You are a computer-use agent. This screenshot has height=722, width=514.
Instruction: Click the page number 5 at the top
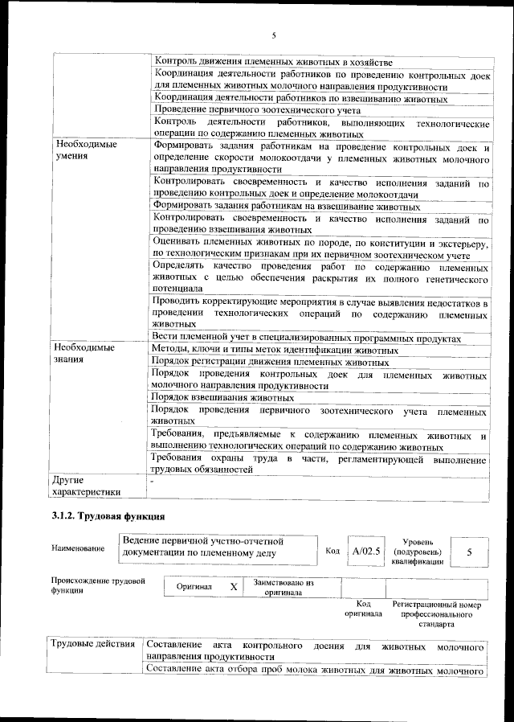pos(274,35)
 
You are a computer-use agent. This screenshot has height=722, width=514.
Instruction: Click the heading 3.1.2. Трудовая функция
pos(108,515)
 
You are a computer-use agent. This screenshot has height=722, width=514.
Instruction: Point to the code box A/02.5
pos(365,552)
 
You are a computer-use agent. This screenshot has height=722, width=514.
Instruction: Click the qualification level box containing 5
pos(469,552)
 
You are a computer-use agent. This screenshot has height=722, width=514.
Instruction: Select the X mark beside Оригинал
pos(234,588)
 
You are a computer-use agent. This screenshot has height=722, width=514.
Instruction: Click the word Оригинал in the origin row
pos(194,588)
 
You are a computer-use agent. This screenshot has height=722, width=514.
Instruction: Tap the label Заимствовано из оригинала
pos(284,588)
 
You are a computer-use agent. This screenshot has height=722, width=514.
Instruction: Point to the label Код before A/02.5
pos(332,552)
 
